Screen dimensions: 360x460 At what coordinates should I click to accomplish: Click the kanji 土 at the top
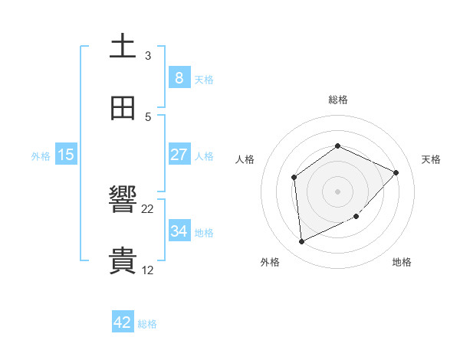pos(123,46)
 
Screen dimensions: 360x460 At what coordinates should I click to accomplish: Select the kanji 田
pos(123,108)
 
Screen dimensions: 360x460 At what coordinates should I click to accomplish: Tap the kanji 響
pos(123,201)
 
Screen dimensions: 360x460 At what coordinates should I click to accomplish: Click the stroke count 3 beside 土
pos(148,56)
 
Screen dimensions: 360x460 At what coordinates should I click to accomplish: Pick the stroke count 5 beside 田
pos(148,117)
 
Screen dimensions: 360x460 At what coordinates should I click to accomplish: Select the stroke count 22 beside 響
pos(148,209)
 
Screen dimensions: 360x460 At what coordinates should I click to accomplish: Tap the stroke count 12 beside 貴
pos(148,270)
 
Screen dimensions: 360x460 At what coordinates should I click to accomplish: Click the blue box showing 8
pos(179,77)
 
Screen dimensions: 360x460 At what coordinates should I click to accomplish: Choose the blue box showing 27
pos(179,154)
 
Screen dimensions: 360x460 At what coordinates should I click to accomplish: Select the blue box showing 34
pos(179,231)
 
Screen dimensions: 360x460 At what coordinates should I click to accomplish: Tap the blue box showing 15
pos(66,154)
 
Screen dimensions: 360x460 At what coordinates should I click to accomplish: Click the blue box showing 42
pos(123,322)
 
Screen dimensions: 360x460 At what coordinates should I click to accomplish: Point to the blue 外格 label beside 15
pos(41,155)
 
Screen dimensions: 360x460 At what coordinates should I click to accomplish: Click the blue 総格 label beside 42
pos(147,324)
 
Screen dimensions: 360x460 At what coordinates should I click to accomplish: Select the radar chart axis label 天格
pos(431,159)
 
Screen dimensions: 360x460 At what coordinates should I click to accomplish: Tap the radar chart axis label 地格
pos(402,262)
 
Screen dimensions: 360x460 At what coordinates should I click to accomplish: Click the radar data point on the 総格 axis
pos(337,146)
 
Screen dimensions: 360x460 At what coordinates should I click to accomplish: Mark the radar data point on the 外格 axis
pos(301,242)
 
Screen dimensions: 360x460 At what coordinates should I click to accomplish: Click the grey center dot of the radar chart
pos(337,191)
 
